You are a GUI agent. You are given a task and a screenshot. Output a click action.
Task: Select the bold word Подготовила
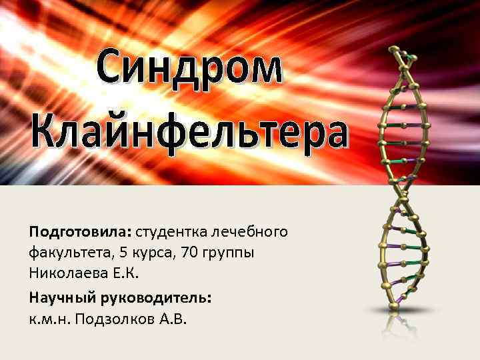(x=80, y=233)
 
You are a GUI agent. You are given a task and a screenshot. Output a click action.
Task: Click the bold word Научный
(x=59, y=298)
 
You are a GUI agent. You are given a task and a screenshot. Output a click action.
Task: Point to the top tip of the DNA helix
(x=396, y=50)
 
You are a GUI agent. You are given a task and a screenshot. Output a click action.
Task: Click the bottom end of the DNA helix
(x=394, y=306)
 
